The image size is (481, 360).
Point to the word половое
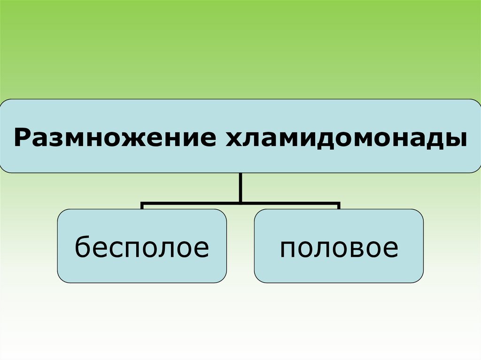[x=339, y=248]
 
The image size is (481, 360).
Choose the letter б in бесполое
[x=83, y=247]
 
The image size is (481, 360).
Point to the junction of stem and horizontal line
[x=240, y=204]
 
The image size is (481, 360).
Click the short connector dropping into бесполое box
[x=142, y=207]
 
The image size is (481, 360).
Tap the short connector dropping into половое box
[x=339, y=207]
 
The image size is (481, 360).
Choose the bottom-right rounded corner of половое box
[x=420, y=279]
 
